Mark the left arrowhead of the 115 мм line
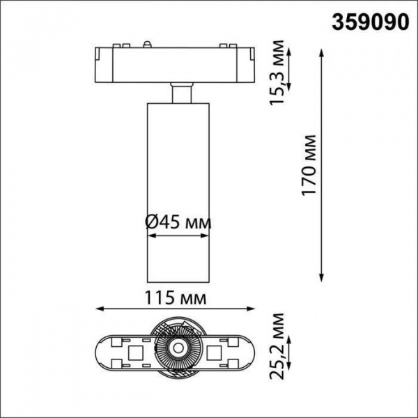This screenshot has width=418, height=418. tap(98, 309)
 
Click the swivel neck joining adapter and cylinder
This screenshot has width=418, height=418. tap(179, 93)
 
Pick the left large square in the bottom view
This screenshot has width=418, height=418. tap(132, 347)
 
